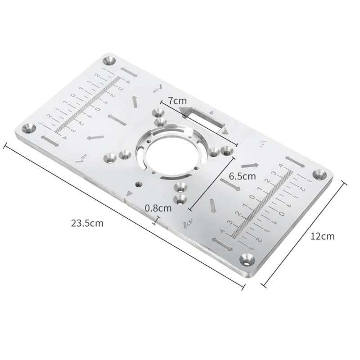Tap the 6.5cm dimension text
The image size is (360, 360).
click(242, 176)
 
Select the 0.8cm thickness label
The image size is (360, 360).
click(158, 208)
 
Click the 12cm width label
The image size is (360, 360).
click(323, 236)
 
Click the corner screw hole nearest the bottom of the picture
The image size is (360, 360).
click(247, 258)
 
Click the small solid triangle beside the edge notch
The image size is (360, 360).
click(130, 193)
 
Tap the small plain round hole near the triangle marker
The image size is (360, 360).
click(138, 184)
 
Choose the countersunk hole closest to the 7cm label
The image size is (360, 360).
click(158, 112)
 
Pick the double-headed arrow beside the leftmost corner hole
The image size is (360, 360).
click(49, 141)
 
